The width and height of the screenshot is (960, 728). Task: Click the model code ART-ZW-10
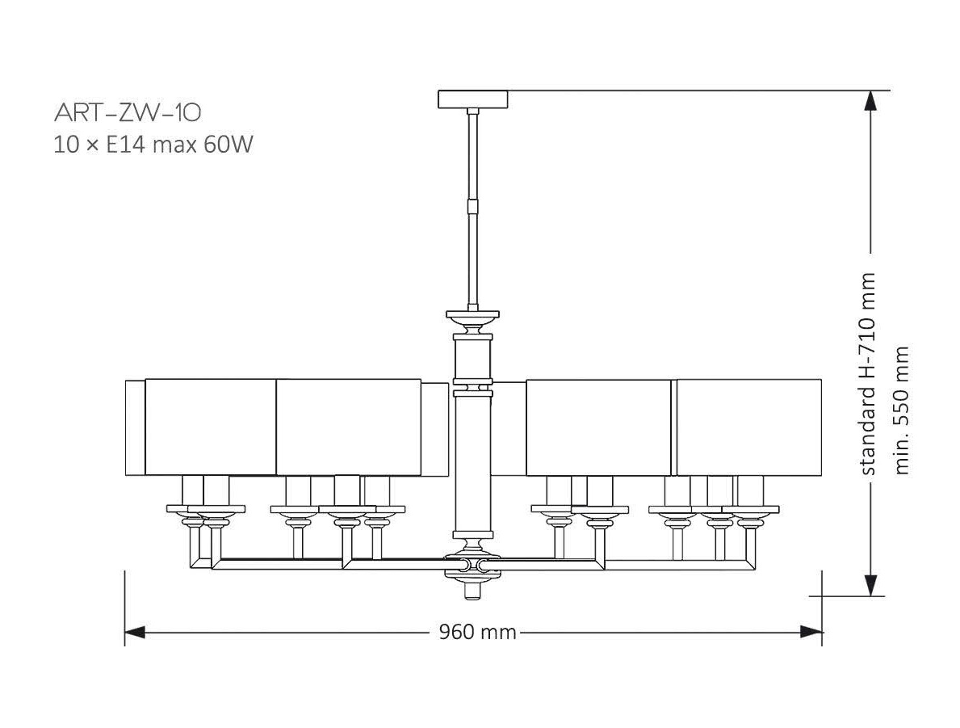click(x=128, y=112)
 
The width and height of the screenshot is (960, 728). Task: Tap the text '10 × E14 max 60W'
click(x=153, y=145)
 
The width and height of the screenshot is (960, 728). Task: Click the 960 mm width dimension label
click(x=477, y=632)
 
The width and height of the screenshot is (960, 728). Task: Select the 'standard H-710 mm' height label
click(x=868, y=374)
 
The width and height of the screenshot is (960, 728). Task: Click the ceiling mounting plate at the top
click(x=472, y=99)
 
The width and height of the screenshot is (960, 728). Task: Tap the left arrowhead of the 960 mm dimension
click(x=135, y=632)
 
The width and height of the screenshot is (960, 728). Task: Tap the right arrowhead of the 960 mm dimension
click(x=811, y=632)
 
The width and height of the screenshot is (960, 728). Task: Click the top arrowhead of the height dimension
click(x=870, y=101)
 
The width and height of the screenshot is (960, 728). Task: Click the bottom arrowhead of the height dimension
click(x=870, y=585)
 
